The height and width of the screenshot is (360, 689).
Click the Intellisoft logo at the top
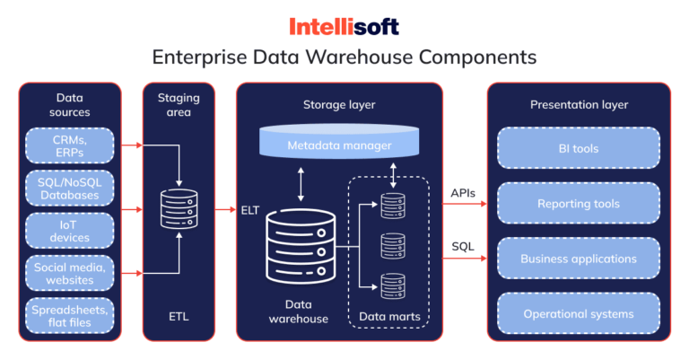(x=344, y=26)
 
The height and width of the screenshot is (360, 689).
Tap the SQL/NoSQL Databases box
(x=69, y=189)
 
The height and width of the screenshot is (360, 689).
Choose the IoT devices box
(x=69, y=231)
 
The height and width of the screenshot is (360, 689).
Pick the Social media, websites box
(x=69, y=273)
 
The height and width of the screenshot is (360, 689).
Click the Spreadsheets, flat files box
(x=69, y=314)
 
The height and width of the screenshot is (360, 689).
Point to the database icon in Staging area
(x=179, y=208)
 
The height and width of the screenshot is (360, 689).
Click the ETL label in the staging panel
(x=179, y=317)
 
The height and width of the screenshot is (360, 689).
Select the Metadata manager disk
(x=339, y=145)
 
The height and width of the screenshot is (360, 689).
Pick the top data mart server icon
(x=391, y=206)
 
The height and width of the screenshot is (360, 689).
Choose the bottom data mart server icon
(x=391, y=285)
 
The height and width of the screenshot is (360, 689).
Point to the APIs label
(x=463, y=192)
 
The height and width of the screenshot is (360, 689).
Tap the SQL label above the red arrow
(x=463, y=246)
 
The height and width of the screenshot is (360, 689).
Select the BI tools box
(x=579, y=148)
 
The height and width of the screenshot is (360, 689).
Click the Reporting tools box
(x=579, y=204)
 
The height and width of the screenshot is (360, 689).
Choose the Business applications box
(x=579, y=259)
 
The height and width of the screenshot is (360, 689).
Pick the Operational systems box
(x=579, y=314)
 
